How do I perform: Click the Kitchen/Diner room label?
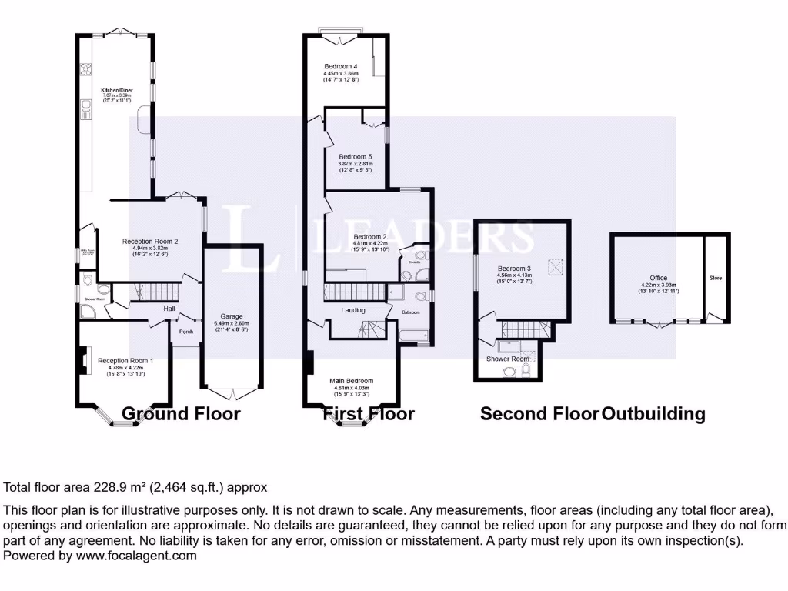click(x=118, y=90)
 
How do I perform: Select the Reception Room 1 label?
click(x=125, y=361)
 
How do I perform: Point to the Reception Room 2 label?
click(x=150, y=242)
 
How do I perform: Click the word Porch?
click(x=186, y=332)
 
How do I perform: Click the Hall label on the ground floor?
click(x=169, y=309)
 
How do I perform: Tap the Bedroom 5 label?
click(x=356, y=157)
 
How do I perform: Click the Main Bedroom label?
click(x=352, y=381)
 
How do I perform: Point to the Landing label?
click(x=353, y=310)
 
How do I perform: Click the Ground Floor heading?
click(x=181, y=414)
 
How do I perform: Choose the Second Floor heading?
click(x=539, y=414)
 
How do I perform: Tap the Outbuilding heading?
click(x=653, y=414)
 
